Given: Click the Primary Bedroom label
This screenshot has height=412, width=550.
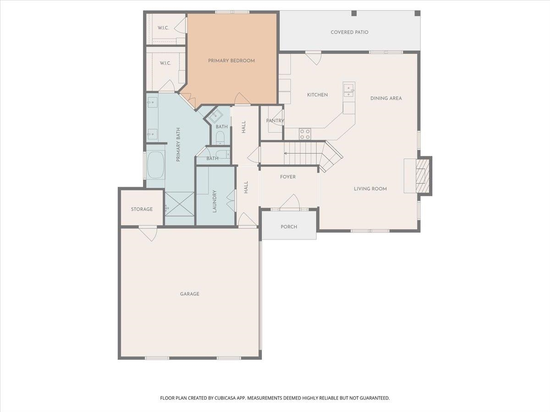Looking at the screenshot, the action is click(231, 60).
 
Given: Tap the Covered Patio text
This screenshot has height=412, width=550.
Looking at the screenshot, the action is click(349, 32).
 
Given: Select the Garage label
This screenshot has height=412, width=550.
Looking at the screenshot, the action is click(190, 294).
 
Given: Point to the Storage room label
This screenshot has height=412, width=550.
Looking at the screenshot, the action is click(142, 209).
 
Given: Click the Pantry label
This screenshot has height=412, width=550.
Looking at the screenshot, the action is click(275, 120).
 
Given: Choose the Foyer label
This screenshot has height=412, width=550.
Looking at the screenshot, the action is click(288, 177).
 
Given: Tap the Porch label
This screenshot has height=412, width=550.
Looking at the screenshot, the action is click(289, 227).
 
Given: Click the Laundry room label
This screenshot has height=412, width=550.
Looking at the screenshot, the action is click(214, 201).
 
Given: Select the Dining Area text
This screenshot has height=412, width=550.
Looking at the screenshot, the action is click(386, 98).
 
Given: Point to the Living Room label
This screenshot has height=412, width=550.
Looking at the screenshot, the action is click(370, 189).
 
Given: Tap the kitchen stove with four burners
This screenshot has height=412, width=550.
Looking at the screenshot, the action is click(305, 134).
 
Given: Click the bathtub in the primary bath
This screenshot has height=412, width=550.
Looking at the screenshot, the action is click(155, 165).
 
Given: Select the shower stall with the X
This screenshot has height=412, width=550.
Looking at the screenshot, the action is click(179, 204).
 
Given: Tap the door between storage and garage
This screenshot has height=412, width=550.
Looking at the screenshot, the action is click(148, 233).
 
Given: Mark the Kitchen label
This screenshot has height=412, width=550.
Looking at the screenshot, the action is click(317, 95).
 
